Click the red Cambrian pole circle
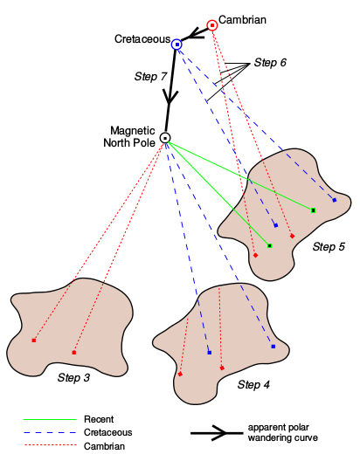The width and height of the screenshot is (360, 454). pos(211,25)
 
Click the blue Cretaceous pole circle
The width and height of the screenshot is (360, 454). pos(177,43)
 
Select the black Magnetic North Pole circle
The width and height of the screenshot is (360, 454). pos(164,137)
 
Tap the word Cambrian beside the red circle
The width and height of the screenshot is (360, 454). pos(242,19)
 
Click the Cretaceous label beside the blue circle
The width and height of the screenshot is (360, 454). pos(142,39)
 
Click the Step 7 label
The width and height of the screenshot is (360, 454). pos(151,77)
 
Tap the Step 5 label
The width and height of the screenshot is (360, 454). pos(329,247)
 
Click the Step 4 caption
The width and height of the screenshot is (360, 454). pos(253,384)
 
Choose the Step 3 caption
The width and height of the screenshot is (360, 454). pos(73,377)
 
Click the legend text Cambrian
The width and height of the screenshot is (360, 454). pos(104,446)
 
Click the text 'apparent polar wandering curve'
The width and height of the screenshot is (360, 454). pos(281,433)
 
